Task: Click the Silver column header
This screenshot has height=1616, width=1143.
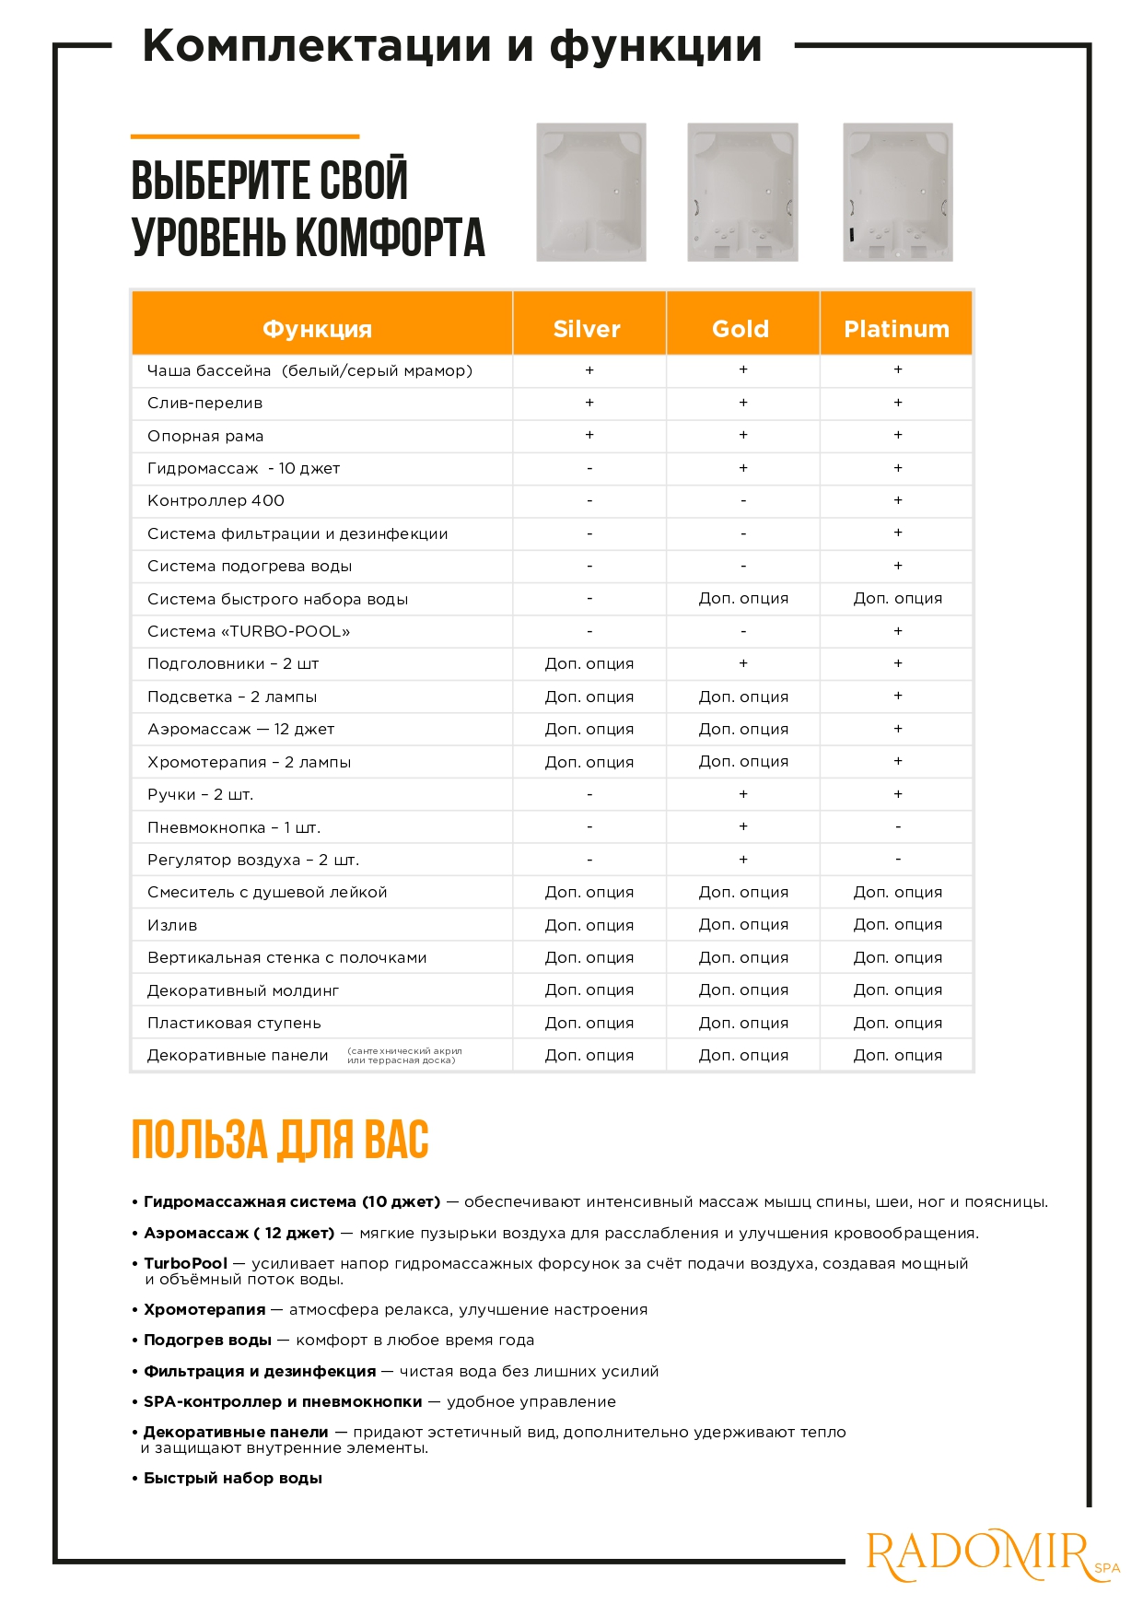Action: [x=587, y=329]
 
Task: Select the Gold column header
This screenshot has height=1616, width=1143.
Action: [x=741, y=329]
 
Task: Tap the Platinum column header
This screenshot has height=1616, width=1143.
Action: [x=896, y=329]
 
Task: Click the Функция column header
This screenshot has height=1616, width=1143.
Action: [x=317, y=329]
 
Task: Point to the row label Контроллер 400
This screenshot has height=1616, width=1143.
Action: [x=216, y=500]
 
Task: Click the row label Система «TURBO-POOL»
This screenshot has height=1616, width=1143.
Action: [x=249, y=631]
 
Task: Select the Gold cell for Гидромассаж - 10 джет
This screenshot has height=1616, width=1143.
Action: [x=743, y=468]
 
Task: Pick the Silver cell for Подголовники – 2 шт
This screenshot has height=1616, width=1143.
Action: [x=589, y=663]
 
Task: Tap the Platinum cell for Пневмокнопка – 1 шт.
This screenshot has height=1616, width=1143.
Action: [x=898, y=826]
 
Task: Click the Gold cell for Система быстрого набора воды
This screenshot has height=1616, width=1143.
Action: [x=743, y=598]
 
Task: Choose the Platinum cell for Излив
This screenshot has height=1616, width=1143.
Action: [x=898, y=924]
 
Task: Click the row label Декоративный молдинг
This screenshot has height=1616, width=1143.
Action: [x=243, y=990]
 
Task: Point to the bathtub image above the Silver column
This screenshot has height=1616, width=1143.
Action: [x=591, y=193]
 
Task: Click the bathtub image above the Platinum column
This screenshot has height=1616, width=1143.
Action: [x=898, y=193]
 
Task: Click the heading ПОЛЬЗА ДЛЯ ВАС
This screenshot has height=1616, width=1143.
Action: [x=280, y=1140]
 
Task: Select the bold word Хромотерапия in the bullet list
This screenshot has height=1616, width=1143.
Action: [x=204, y=1309]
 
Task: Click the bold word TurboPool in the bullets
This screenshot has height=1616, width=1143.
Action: [x=185, y=1263]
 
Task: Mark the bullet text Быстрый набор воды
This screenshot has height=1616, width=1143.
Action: [x=233, y=1478]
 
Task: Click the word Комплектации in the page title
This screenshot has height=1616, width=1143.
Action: [x=317, y=46]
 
